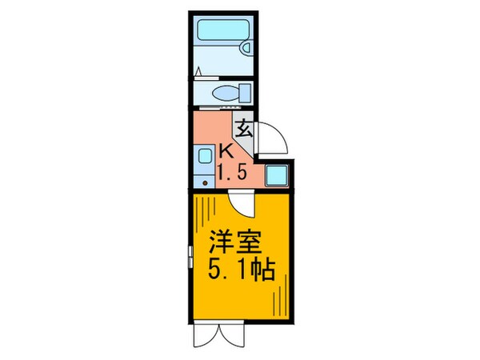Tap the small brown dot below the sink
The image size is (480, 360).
pyautogui.click(x=205, y=183)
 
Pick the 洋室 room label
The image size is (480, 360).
pyautogui.click(x=235, y=242)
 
